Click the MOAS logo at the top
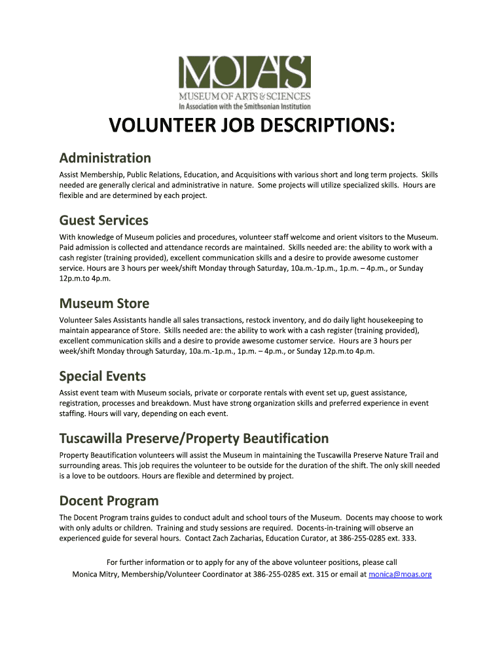pyautogui.click(x=245, y=82)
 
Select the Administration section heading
pyautogui.click(x=105, y=158)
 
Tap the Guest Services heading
pyautogui.click(x=103, y=220)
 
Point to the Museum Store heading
pyautogui.click(x=104, y=303)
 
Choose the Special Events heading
pyautogui.click(x=102, y=376)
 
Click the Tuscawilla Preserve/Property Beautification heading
pyautogui.click(x=194, y=438)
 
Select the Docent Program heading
pyautogui.click(x=109, y=501)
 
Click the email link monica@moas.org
pyautogui.click(x=400, y=574)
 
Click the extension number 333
pyautogui.click(x=408, y=539)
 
